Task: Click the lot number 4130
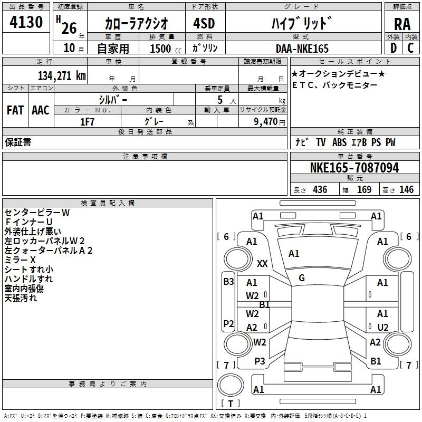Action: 26,22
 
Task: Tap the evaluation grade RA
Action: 402,24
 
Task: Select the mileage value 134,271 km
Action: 62,75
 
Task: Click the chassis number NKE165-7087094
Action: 354,167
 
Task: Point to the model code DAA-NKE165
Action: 302,49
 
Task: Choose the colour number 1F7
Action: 87,122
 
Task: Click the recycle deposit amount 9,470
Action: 266,122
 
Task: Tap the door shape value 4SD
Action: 204,23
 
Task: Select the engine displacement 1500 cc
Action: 166,49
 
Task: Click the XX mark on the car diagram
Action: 262,263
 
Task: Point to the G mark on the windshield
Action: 302,278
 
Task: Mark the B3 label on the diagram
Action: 228,282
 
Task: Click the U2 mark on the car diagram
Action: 383,327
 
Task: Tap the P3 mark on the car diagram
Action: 260,361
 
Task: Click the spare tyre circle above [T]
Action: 231,385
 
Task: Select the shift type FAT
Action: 15,110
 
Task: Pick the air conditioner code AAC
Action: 41,110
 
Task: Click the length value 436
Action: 320,189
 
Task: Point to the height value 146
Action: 406,189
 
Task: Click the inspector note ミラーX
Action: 20,260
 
